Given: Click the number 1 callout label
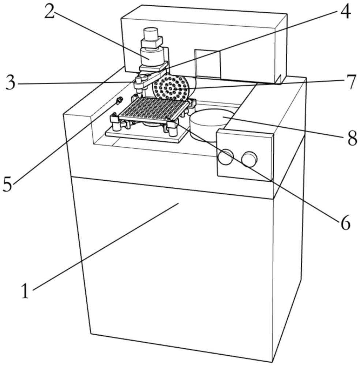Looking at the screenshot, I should pyautogui.click(x=25, y=292).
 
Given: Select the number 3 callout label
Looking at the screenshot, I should pyautogui.click(x=10, y=83).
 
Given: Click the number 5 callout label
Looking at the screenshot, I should pyautogui.click(x=8, y=184).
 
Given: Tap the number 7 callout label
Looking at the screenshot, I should pyautogui.click(x=351, y=82).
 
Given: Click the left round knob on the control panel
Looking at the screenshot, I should pyautogui.click(x=226, y=157).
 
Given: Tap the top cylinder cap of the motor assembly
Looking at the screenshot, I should pyautogui.click(x=150, y=35).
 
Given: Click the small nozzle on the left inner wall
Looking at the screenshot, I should pyautogui.click(x=119, y=101).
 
